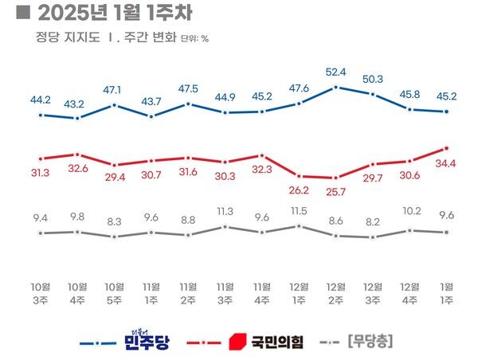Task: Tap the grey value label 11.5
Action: (299, 210)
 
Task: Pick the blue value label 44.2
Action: (40, 100)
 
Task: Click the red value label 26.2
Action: (299, 191)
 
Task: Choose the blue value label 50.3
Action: (373, 79)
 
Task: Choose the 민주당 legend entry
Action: (146, 341)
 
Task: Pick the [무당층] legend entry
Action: (371, 342)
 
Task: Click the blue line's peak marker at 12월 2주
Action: (336, 86)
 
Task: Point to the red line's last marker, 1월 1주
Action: (446, 148)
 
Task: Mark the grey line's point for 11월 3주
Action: (225, 227)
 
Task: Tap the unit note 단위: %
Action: (194, 38)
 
